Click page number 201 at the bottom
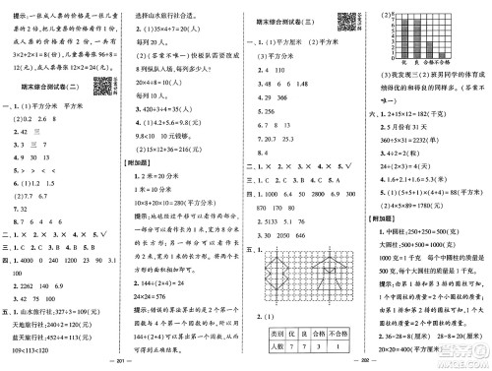[x=122, y=361]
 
